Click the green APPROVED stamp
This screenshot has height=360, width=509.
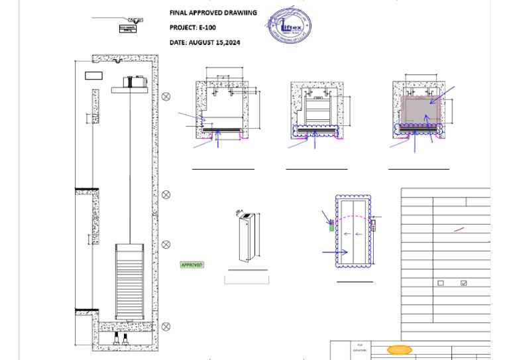[192, 265]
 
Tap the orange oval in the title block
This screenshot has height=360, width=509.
[399, 349]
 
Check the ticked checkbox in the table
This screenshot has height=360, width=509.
[463, 283]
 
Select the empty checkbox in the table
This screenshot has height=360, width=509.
[441, 283]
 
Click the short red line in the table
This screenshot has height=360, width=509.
[459, 229]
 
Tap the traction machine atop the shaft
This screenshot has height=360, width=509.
[135, 83]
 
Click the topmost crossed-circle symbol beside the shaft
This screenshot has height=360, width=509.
[166, 96]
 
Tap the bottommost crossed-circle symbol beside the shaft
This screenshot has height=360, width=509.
[166, 326]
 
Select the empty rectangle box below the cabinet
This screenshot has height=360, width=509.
[247, 280]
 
